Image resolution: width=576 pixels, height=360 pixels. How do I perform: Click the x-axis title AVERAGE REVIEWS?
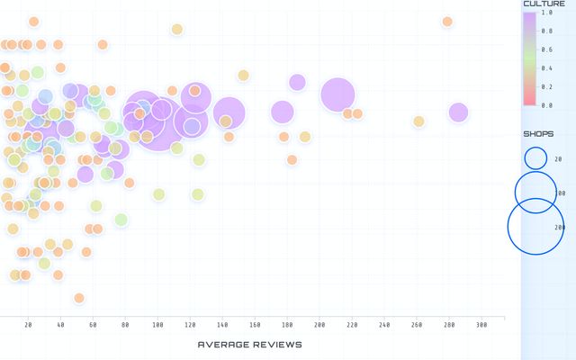click(249, 345)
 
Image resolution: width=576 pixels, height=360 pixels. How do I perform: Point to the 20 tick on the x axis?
click(28, 325)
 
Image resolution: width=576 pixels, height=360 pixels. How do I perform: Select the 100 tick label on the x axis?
click(157, 325)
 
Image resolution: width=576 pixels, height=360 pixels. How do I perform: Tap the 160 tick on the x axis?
click(255, 325)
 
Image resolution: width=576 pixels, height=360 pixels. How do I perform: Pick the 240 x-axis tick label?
click(384, 325)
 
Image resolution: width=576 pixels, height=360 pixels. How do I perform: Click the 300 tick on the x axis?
click(481, 325)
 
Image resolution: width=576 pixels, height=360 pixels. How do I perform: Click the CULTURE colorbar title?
click(544, 4)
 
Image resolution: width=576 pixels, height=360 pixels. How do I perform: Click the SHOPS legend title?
click(538, 134)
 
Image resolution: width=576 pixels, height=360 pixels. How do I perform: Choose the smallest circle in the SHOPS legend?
click(536, 158)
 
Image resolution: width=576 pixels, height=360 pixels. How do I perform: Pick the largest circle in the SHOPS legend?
click(536, 228)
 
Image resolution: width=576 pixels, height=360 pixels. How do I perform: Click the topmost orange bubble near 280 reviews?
click(447, 22)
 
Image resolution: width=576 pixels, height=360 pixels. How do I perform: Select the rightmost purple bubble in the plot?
click(458, 112)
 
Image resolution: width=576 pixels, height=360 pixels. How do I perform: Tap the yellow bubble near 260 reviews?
click(418, 121)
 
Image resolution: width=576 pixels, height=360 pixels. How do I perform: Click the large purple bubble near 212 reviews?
click(337, 94)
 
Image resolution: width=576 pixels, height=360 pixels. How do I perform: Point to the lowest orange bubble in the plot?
click(79, 298)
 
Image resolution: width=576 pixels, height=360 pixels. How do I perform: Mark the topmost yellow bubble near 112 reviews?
click(177, 29)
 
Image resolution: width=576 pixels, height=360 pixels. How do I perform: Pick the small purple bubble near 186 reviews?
click(297, 82)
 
